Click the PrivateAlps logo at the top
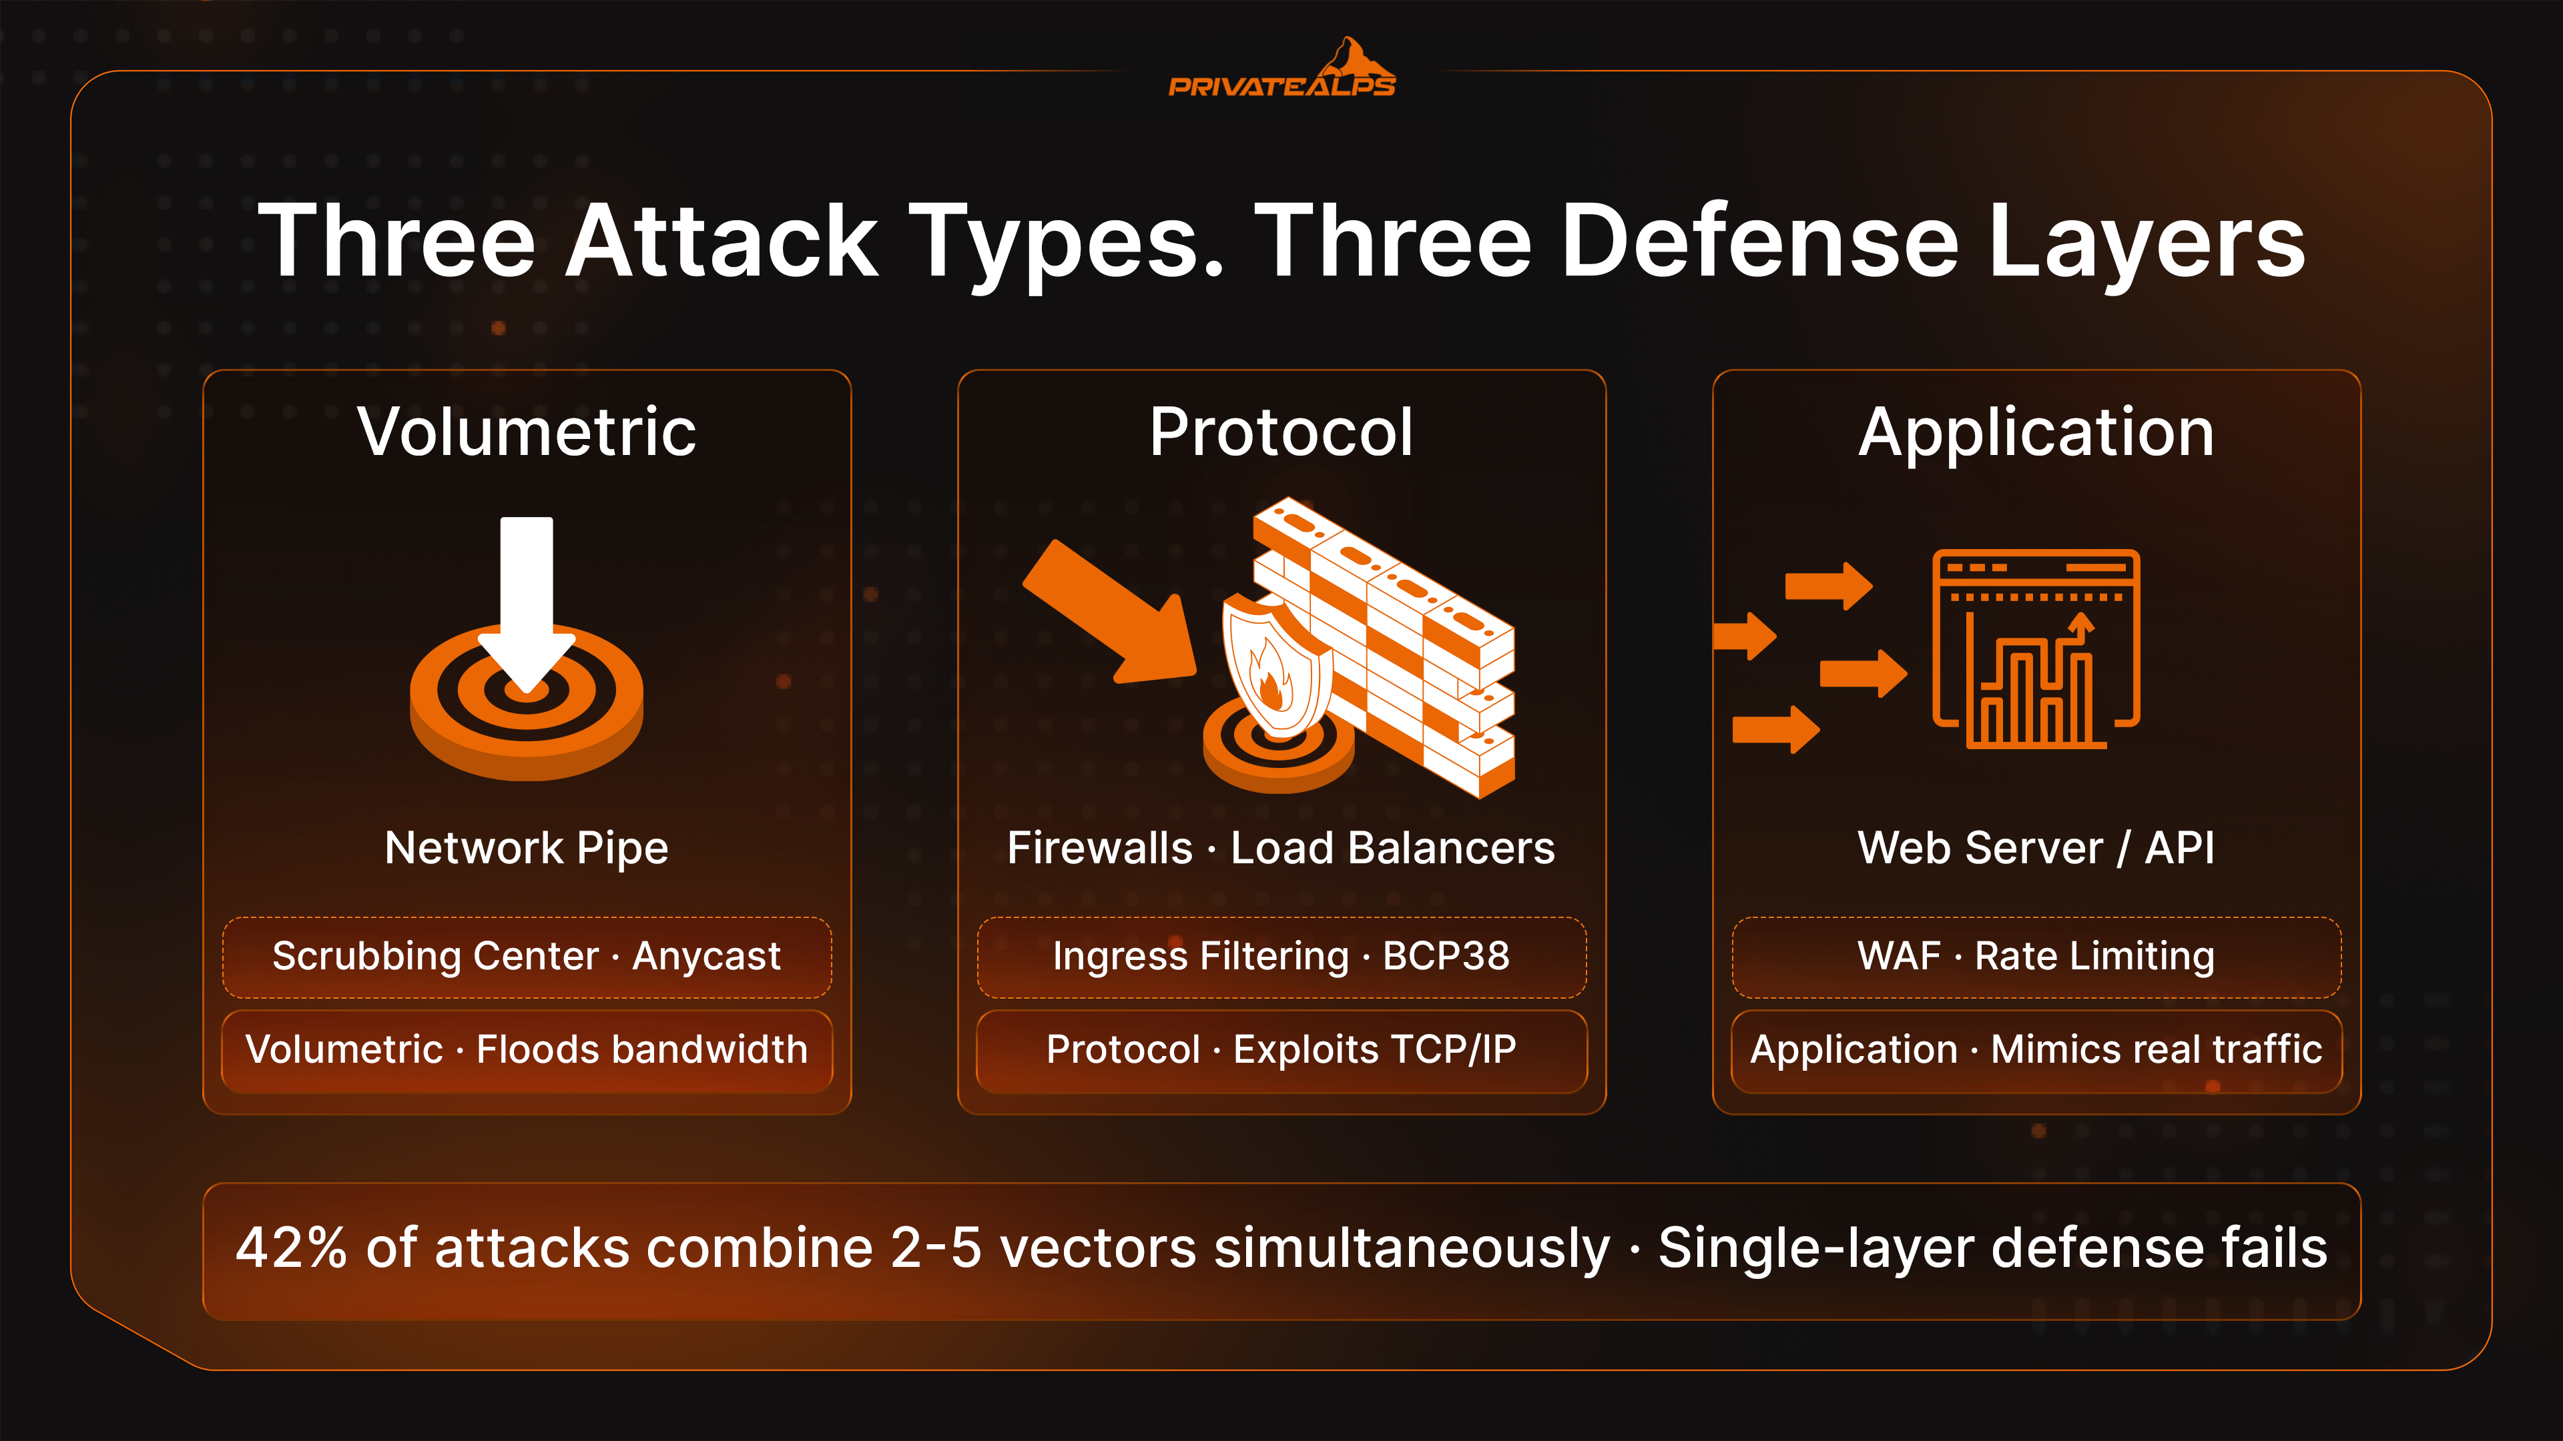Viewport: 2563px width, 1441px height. [x=1281, y=69]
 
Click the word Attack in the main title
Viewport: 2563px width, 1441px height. [x=722, y=241]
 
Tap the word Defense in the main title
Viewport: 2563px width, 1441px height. [x=1760, y=241]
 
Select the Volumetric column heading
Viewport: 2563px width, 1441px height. [x=527, y=432]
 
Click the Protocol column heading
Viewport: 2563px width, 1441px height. [x=1281, y=432]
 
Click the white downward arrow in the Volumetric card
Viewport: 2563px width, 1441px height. [x=527, y=602]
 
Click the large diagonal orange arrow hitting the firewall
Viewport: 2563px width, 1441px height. [x=1109, y=612]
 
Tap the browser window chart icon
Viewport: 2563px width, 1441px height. [x=2036, y=648]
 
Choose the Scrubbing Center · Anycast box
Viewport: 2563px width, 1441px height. [x=527, y=957]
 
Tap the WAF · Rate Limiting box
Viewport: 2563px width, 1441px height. [x=2036, y=957]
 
